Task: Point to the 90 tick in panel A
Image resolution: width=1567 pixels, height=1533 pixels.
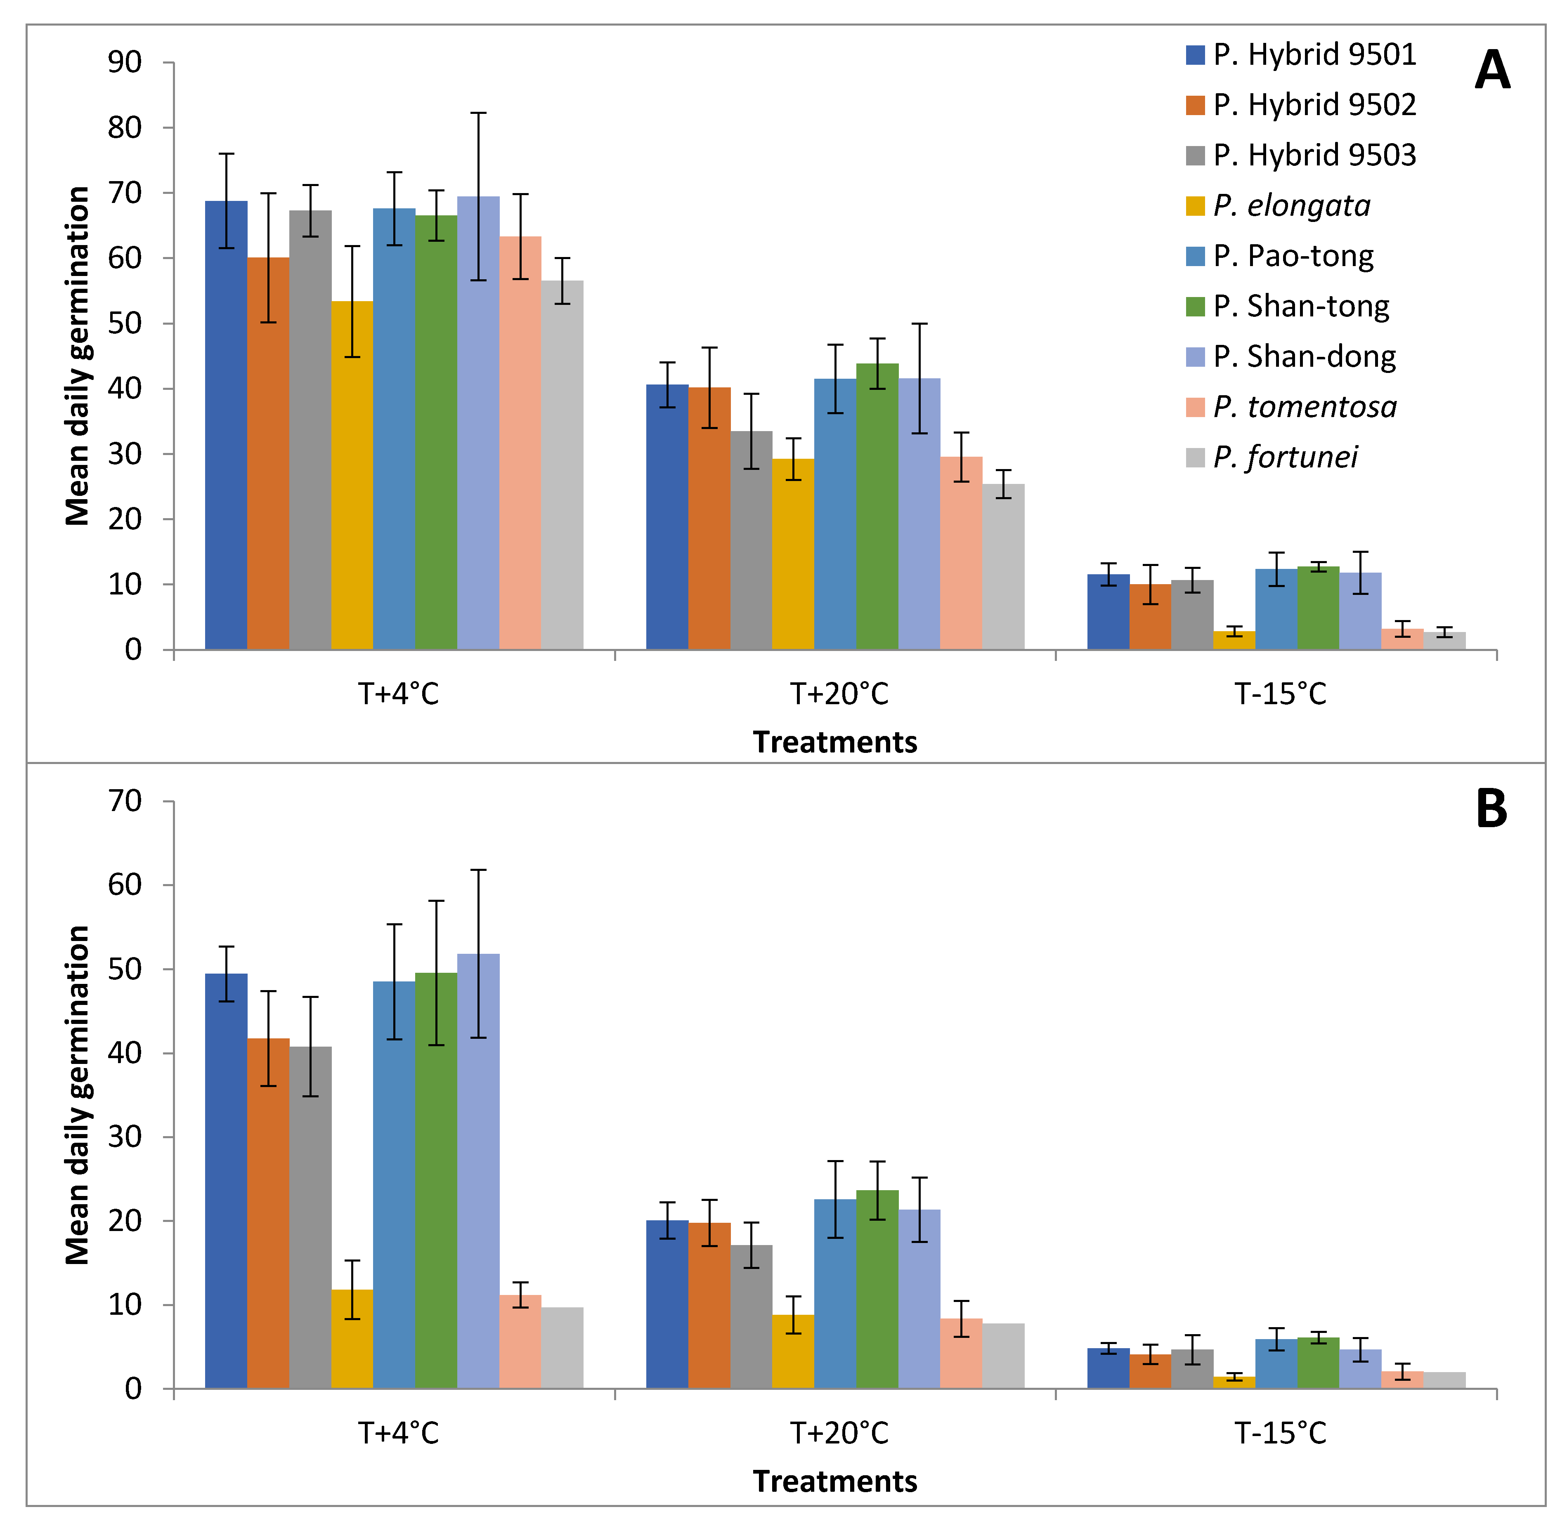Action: [125, 62]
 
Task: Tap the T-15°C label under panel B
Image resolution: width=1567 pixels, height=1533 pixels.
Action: [1280, 1434]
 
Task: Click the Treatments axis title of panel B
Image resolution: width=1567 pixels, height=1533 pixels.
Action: [835, 1481]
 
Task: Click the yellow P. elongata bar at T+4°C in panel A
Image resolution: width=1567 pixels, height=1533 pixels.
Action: [352, 475]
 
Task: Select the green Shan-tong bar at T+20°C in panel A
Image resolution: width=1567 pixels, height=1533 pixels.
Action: [877, 507]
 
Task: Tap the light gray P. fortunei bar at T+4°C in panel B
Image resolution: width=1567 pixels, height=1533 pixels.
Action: [562, 1348]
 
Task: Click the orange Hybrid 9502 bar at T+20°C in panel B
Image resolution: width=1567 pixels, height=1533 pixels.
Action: [709, 1305]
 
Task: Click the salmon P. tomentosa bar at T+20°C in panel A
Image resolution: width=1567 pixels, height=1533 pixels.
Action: [962, 553]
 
